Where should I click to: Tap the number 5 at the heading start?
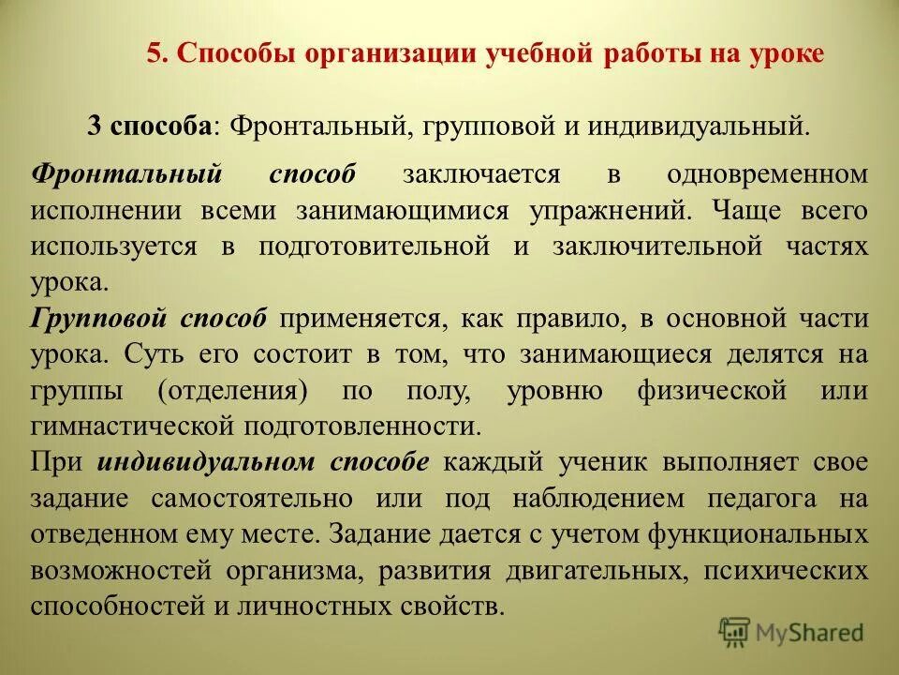pos(155,53)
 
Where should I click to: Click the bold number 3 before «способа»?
pos(95,125)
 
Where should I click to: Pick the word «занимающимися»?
pos(403,210)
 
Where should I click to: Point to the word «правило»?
pos(568,319)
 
